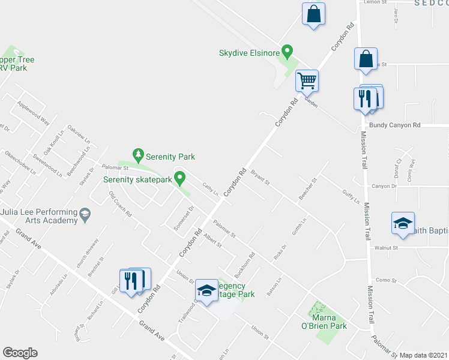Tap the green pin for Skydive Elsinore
288,53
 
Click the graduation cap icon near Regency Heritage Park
206,291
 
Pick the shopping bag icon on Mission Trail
366,59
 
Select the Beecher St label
308,188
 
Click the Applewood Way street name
34,112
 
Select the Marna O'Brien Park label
328,322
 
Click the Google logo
20,353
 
